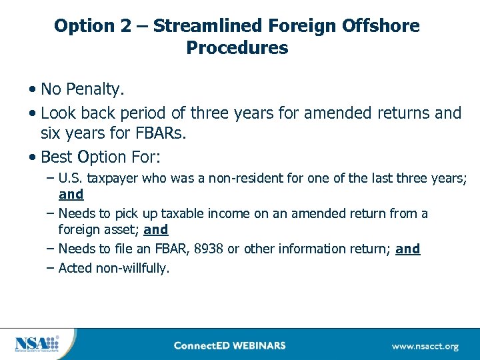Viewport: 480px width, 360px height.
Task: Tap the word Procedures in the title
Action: point(237,49)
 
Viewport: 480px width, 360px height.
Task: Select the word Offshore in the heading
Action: point(383,26)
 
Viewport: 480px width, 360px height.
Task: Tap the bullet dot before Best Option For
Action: point(33,158)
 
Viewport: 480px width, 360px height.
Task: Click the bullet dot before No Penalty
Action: point(33,89)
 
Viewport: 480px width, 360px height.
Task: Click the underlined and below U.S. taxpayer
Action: point(71,195)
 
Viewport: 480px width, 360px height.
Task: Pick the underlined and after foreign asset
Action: point(155,230)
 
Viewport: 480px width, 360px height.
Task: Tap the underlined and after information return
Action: point(407,249)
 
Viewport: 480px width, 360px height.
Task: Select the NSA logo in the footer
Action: point(37,344)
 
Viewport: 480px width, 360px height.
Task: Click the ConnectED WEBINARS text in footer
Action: point(229,345)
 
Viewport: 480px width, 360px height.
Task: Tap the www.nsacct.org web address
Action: point(425,346)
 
